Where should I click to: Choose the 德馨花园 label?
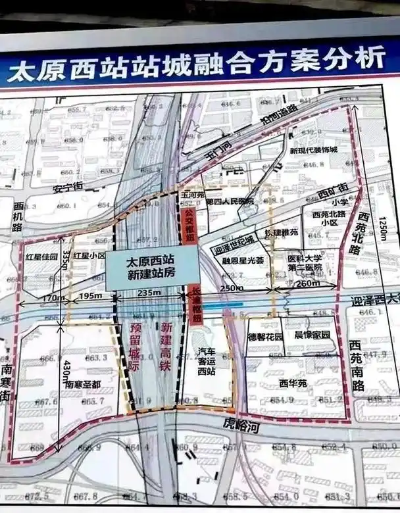coord(264,337)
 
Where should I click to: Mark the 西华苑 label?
coord(293,382)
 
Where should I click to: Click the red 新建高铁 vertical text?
coord(165,348)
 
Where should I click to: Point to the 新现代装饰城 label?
coord(313,150)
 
